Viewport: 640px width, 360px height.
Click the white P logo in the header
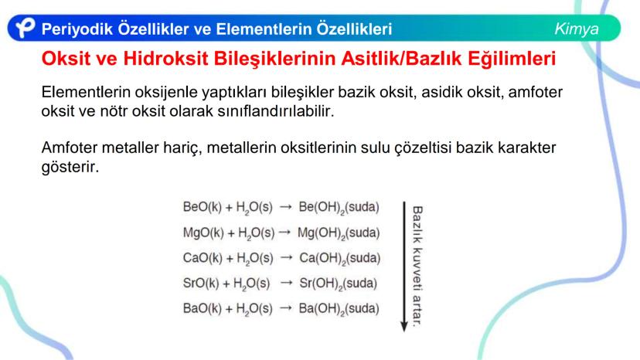pyautogui.click(x=25, y=28)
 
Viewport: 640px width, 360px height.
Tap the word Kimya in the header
pyautogui.click(x=577, y=29)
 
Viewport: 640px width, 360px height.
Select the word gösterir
pyautogui.click(x=70, y=167)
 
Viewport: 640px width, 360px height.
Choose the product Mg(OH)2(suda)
pyautogui.click(x=339, y=233)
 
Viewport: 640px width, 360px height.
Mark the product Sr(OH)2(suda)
pyautogui.click(x=338, y=284)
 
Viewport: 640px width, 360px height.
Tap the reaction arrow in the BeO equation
pyautogui.click(x=286, y=207)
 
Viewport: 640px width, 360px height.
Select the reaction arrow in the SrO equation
pyautogui.click(x=287, y=283)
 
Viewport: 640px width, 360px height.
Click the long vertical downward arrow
pyautogui.click(x=404, y=267)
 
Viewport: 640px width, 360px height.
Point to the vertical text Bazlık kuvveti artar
pyautogui.click(x=417, y=266)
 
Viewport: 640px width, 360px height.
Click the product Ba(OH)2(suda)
pyautogui.click(x=339, y=308)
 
